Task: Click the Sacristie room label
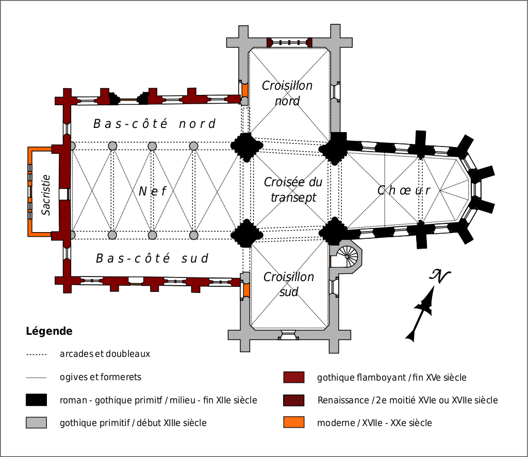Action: pos(46,194)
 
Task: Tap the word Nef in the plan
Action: pos(153,191)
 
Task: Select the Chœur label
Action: pos(404,190)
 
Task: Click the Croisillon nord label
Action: pos(287,93)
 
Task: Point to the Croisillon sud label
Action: pos(289,284)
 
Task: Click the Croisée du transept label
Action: pos(293,190)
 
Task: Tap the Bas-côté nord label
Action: pos(154,124)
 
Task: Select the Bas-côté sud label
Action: pos(153,258)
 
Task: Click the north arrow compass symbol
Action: pos(426,304)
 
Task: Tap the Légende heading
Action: pos(49,331)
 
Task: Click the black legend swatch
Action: pos(36,400)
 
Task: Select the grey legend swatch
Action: pos(36,422)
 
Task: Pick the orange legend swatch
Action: pos(294,422)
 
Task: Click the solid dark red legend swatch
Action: pos(294,378)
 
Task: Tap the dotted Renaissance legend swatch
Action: pos(294,400)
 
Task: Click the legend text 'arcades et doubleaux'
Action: pos(105,354)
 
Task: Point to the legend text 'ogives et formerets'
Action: pos(101,377)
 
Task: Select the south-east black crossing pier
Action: pos(334,231)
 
